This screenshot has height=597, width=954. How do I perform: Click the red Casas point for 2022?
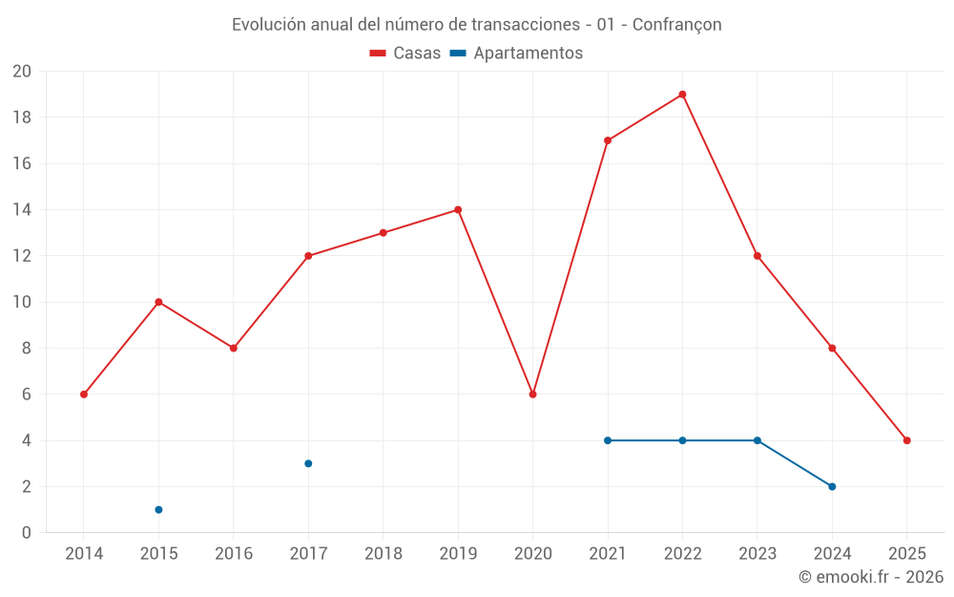[x=682, y=95]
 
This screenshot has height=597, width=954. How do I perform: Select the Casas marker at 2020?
[x=532, y=394]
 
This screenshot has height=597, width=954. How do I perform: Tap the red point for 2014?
[x=84, y=394]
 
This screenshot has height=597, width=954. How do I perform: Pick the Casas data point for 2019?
[x=458, y=210]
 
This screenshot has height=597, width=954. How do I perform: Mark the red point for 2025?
[x=906, y=440]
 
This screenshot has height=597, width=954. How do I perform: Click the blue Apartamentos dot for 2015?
[x=158, y=509]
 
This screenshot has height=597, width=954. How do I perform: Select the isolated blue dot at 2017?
[x=308, y=463]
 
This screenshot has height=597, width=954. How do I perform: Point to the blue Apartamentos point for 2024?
[x=832, y=486]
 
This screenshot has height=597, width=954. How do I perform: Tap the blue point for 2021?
[x=608, y=440]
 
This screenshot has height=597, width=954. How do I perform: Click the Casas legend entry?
[x=405, y=53]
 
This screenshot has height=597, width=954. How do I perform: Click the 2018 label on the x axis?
[x=384, y=554]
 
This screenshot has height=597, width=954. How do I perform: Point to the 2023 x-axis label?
[x=757, y=554]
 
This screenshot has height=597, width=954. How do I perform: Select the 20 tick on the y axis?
[x=22, y=72]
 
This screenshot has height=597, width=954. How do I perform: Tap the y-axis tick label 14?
[x=22, y=210]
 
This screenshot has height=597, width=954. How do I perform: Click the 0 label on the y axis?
[x=27, y=533]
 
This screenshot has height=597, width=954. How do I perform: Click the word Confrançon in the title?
[x=677, y=25]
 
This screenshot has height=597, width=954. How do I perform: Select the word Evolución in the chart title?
[x=268, y=25]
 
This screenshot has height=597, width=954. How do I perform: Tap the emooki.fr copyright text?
[x=871, y=577]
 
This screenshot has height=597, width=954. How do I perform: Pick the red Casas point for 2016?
[x=234, y=349]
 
